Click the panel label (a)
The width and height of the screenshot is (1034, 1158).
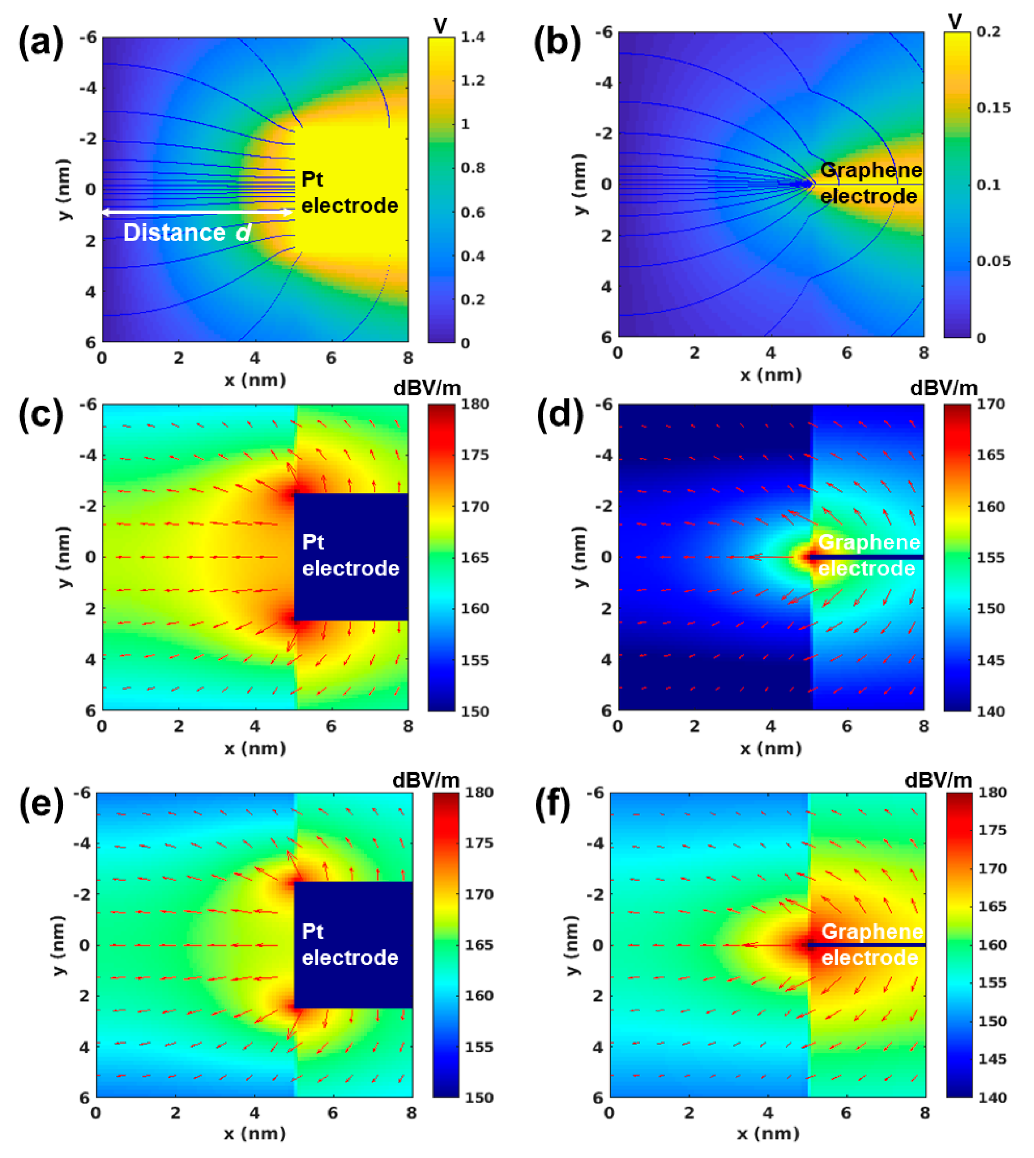(40, 43)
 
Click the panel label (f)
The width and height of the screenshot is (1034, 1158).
(553, 804)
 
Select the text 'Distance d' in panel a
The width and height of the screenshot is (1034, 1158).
(187, 232)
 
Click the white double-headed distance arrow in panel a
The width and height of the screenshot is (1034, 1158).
(197, 212)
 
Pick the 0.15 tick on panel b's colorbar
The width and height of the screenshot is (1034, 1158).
(992, 108)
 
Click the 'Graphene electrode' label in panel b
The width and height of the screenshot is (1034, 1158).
(871, 183)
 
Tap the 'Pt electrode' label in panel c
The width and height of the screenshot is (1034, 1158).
(350, 555)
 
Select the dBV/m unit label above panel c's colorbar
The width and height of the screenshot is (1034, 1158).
(427, 388)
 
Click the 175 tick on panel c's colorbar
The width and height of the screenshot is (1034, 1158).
(474, 455)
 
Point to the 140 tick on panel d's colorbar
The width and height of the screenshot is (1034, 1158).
(990, 711)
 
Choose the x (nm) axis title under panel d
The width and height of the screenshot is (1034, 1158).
(770, 748)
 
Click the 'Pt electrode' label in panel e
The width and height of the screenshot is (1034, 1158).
(349, 944)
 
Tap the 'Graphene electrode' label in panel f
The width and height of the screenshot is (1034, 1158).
(872, 944)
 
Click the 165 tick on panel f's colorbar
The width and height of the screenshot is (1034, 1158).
(992, 906)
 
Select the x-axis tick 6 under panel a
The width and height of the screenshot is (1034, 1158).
(331, 358)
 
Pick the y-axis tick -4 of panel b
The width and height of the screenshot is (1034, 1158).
(603, 83)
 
